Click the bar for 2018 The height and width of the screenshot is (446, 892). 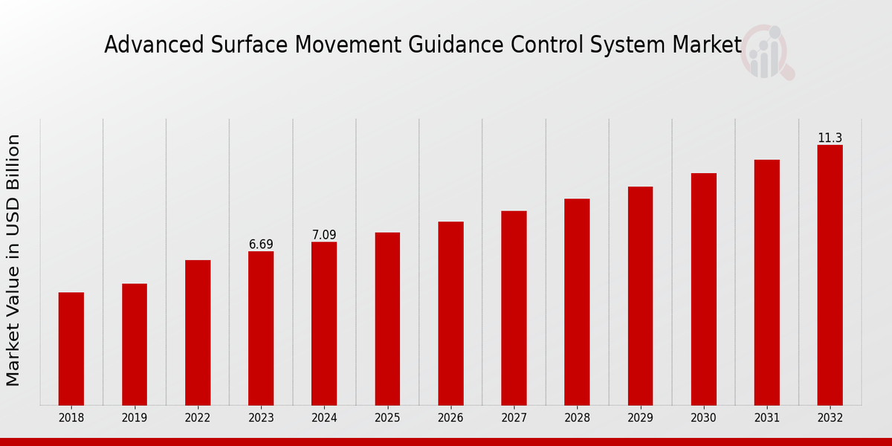[71, 349]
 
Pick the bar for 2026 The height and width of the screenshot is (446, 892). [450, 313]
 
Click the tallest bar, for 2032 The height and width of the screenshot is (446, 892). [830, 275]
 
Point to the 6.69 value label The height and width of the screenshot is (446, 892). [261, 245]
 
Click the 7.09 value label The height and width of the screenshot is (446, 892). [324, 235]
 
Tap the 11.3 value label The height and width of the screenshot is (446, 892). [830, 138]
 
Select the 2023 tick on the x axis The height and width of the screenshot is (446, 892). [261, 418]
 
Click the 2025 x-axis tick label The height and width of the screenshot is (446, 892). [387, 418]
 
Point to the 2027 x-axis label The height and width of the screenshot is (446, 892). [514, 418]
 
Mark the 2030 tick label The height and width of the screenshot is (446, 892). [703, 418]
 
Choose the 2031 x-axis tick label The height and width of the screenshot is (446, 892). [766, 418]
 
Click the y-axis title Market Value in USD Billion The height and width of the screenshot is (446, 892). [13, 260]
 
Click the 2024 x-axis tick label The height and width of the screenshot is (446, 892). [324, 418]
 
